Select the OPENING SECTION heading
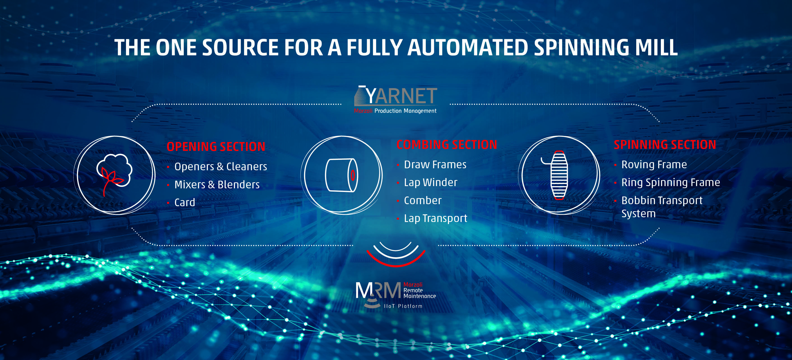tap(216, 147)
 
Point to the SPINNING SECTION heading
tap(665, 145)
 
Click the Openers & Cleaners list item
tap(220, 167)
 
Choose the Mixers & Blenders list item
tap(217, 185)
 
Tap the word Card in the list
tap(184, 202)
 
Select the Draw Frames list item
tap(435, 164)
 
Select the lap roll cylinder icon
tap(341, 175)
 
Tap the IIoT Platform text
tap(403, 306)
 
